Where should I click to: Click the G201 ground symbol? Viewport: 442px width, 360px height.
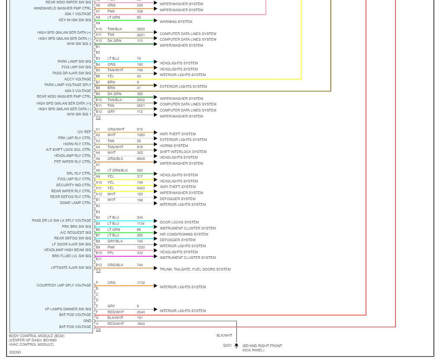pos(236,346)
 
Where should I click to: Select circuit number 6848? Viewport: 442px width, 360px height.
pos(141,159)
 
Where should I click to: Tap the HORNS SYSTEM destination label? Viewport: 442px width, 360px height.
pos(174,146)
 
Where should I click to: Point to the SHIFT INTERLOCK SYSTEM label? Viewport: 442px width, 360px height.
pos(183,152)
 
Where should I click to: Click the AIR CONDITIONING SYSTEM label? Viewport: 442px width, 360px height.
pos(184,234)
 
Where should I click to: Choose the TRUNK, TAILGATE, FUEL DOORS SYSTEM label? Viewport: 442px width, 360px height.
pos(195,269)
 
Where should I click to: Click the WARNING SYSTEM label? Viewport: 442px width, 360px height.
pos(176,22)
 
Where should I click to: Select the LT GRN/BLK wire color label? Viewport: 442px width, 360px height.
pos(118,170)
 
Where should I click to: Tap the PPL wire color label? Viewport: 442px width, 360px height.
pos(111,253)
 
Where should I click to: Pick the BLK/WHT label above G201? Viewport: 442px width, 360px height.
pos(224,335)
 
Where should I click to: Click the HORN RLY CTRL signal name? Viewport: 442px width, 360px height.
pos(77,144)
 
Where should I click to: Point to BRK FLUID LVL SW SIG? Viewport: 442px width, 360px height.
pos(72,256)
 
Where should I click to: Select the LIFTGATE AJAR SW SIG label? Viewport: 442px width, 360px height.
pos(71,268)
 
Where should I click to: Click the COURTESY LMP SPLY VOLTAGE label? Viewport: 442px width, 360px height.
pos(64,285)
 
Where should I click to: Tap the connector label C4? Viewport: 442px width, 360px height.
pos(98,330)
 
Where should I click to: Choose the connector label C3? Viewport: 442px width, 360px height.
pos(98,271)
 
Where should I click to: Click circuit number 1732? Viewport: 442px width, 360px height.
pos(141,283)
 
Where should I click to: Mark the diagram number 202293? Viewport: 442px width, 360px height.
pos(15,352)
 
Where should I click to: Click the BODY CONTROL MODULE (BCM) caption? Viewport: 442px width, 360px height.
pos(30,336)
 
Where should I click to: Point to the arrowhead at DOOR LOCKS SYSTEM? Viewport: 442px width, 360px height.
pos(156,221)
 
